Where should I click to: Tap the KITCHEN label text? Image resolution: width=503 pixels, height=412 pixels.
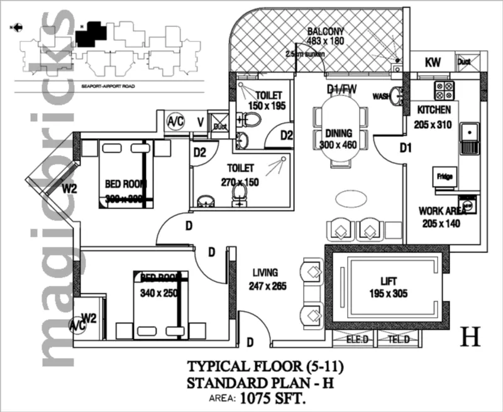point(434,110)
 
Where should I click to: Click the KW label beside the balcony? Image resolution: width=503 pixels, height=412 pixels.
point(433,62)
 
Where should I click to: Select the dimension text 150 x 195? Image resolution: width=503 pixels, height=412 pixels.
point(267,106)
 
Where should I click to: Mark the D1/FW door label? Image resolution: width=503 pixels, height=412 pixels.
point(341,89)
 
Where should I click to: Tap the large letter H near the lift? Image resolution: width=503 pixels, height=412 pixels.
point(470,337)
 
